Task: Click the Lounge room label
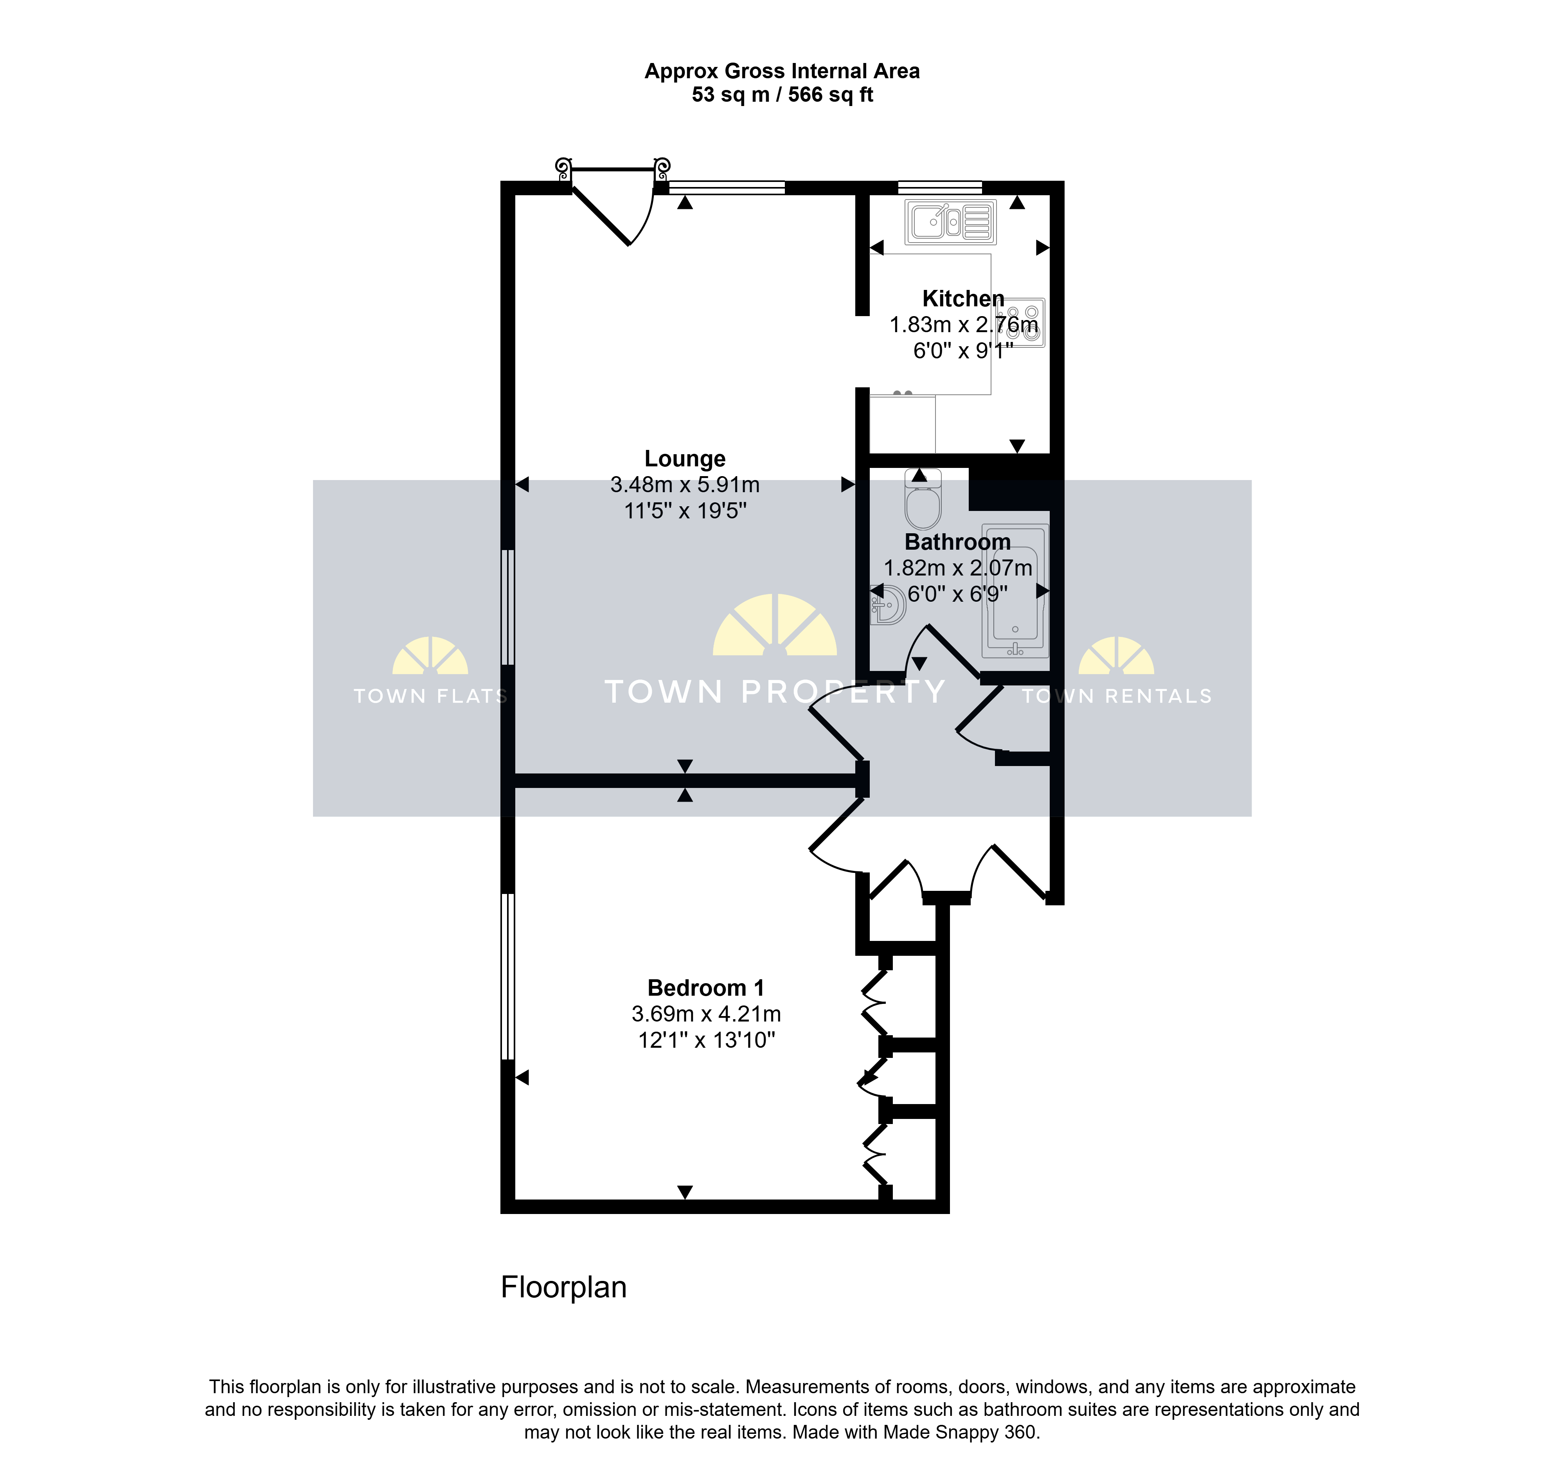click(x=685, y=459)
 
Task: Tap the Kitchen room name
click(x=963, y=299)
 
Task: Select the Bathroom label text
click(x=957, y=542)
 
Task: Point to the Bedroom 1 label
click(x=705, y=988)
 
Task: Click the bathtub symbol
click(x=1016, y=590)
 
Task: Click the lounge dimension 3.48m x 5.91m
click(x=685, y=485)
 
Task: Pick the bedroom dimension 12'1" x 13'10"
click(x=706, y=1040)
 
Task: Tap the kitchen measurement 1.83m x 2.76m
click(x=964, y=324)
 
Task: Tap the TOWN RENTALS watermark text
click(x=1116, y=696)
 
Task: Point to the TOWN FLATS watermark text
click(x=430, y=696)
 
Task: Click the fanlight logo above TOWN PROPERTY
click(x=775, y=625)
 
